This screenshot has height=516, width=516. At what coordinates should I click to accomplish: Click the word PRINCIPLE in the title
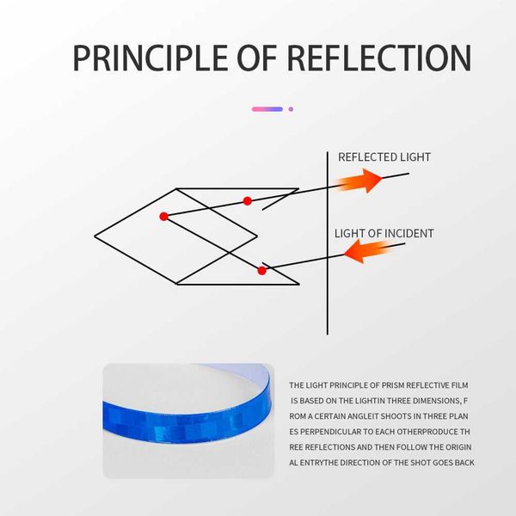coord(150,58)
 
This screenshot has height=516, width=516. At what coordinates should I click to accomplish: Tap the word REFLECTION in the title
coord(379,58)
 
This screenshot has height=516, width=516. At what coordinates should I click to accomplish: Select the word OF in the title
coord(256,58)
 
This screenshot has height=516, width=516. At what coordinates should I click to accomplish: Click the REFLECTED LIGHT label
coord(384,157)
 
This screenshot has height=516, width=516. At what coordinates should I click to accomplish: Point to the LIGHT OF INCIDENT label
coord(384,233)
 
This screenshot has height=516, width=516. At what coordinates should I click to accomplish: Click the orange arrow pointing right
coord(359,181)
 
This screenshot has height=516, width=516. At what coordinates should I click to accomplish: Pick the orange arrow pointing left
coord(368,251)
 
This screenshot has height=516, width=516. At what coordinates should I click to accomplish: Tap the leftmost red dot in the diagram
coord(163,216)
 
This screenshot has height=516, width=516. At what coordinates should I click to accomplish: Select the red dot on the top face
coord(247,200)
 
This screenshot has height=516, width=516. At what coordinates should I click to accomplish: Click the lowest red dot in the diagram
coord(261,271)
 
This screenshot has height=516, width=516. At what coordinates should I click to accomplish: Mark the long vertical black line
coord(328,243)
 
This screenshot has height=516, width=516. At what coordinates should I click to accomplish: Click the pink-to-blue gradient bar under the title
coord(267,109)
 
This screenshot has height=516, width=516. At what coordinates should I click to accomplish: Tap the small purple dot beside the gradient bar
coord(291,109)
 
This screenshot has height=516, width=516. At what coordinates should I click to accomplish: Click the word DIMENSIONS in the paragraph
coord(436,401)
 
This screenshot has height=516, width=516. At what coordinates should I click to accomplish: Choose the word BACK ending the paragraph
coord(464,463)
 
